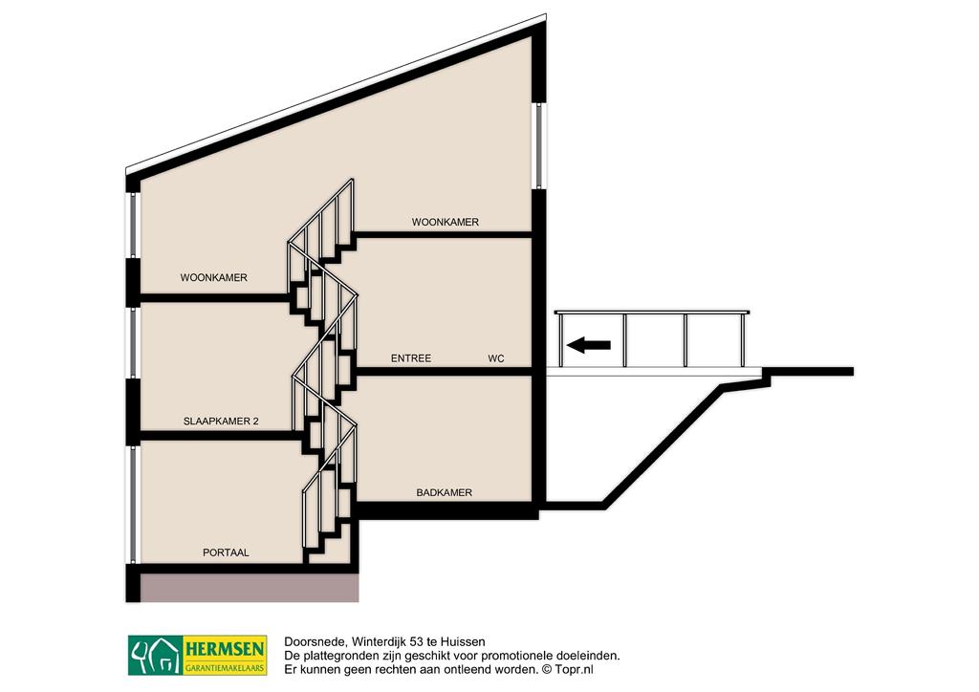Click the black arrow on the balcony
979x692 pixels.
coord(588,344)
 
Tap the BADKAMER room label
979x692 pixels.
coord(444,493)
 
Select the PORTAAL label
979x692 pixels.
coord(226,552)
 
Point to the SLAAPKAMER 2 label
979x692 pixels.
coord(221,422)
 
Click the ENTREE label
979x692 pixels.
coord(411,358)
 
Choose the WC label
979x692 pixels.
coord(496,358)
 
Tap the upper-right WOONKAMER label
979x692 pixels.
coord(446,222)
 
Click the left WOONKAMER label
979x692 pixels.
coord(214,278)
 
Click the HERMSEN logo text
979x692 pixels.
coord(225,649)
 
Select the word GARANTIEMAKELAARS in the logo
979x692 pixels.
coord(225,668)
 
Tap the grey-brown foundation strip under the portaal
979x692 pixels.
coord(250,589)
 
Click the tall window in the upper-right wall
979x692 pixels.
coord(539,145)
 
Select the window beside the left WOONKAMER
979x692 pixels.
coord(132,225)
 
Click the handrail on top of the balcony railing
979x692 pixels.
coord(652,312)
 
